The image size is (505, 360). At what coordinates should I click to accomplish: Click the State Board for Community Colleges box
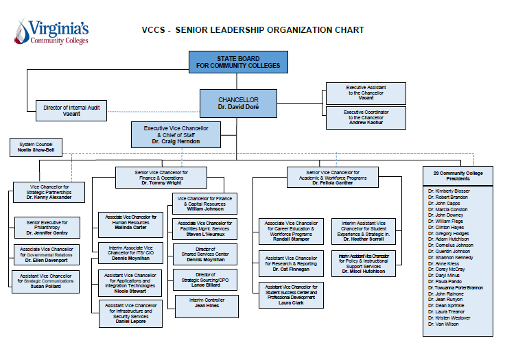(x=239, y=62)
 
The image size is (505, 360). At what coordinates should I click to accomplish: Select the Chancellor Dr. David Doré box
(x=238, y=104)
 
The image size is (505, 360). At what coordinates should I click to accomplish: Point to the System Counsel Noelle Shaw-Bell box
(x=36, y=147)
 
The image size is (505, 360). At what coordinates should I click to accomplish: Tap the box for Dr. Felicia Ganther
(x=332, y=178)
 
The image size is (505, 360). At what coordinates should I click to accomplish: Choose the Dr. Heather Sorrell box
(x=363, y=231)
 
